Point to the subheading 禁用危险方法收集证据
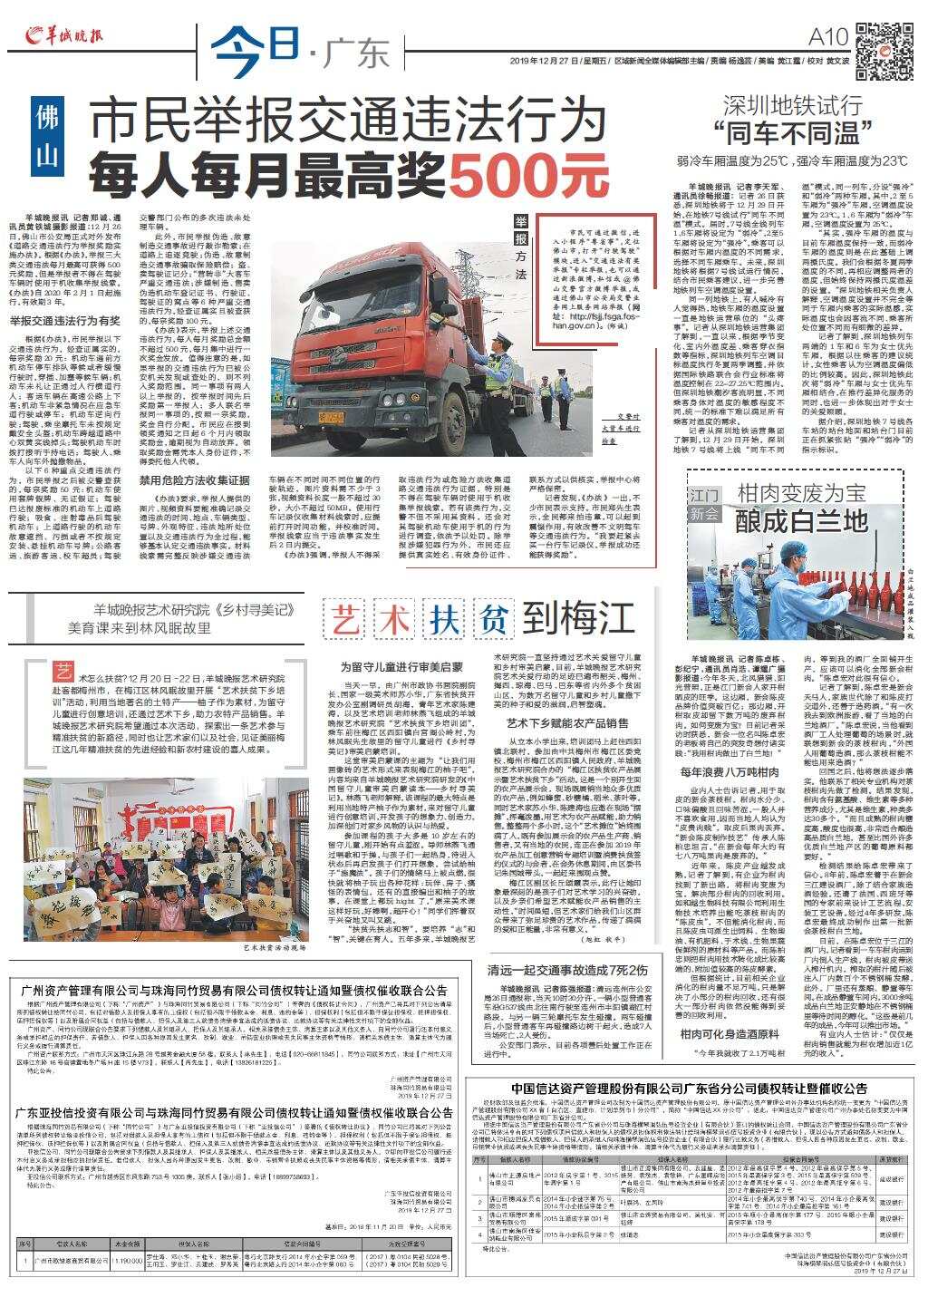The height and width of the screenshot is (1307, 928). [x=194, y=479]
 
